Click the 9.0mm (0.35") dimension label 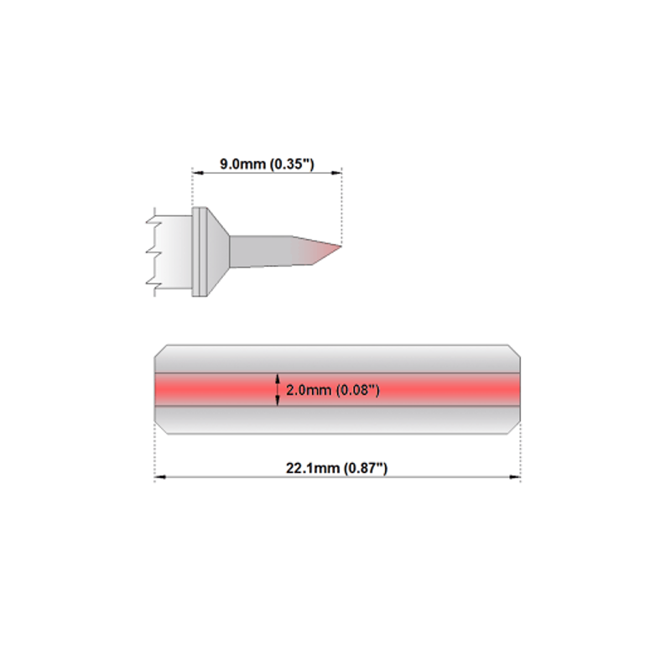coord(267,164)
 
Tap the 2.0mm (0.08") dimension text coord(332,390)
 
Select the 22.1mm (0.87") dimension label coord(337,468)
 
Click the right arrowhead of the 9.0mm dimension coord(336,173)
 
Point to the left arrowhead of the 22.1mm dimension coord(160,476)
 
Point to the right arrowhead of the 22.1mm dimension coord(515,476)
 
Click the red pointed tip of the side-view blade coord(341,246)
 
